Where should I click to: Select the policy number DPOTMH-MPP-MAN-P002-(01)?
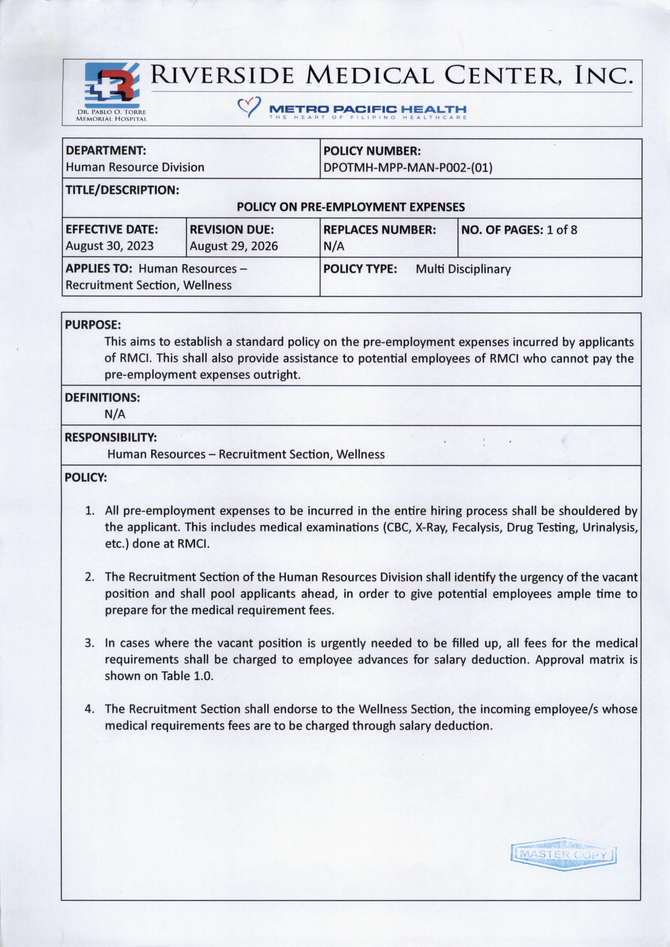(x=408, y=168)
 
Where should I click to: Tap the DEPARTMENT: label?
(x=106, y=151)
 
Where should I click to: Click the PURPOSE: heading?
(x=93, y=325)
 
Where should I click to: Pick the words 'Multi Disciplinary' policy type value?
(x=463, y=269)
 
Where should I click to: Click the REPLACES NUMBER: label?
(x=380, y=230)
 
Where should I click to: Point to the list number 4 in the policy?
(x=88, y=709)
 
